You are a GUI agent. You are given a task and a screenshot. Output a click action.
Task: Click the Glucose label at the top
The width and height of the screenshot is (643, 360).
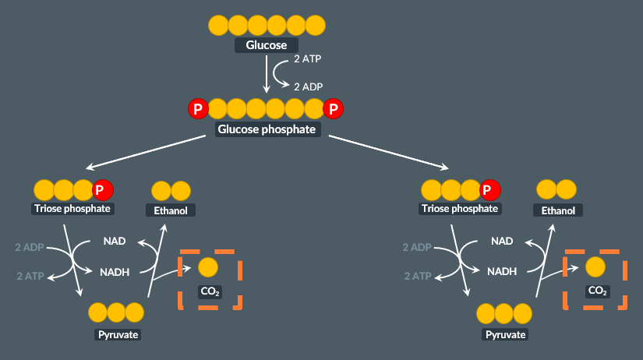click(267, 45)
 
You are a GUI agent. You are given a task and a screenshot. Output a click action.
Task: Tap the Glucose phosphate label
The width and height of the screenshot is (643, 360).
click(267, 129)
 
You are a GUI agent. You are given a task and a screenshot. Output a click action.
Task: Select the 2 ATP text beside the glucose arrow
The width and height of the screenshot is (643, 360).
click(307, 59)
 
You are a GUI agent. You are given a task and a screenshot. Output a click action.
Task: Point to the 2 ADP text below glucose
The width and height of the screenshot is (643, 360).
click(308, 86)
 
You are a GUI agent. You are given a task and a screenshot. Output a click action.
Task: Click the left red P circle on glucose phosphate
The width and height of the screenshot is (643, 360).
click(199, 109)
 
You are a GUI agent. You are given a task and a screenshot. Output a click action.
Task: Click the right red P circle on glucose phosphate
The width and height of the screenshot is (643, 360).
click(334, 109)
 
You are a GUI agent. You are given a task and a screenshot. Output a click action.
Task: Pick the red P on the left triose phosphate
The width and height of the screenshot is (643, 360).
click(103, 189)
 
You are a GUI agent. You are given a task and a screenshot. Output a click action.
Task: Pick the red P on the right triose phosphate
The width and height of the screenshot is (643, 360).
click(490, 189)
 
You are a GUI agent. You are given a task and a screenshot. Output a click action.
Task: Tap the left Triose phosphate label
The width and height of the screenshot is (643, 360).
click(73, 209)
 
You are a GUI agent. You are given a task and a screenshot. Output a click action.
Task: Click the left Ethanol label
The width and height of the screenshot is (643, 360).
click(171, 210)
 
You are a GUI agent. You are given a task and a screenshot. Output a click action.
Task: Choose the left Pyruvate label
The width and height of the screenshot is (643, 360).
click(118, 334)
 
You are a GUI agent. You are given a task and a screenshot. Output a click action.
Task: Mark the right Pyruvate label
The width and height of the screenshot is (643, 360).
click(506, 334)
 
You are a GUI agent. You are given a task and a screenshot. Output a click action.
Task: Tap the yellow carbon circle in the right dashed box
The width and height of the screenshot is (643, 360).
click(595, 267)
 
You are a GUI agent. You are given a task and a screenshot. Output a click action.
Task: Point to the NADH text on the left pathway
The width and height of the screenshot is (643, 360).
click(115, 272)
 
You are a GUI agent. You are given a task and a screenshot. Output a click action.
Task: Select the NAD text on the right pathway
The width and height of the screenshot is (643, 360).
click(502, 242)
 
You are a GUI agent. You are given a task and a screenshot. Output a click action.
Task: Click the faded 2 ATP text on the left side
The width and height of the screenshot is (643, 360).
click(29, 276)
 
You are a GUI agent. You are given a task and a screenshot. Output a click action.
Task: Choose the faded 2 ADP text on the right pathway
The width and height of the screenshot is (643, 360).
click(416, 248)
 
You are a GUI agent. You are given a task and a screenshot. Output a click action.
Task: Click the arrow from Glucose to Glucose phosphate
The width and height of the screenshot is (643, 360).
click(267, 76)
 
